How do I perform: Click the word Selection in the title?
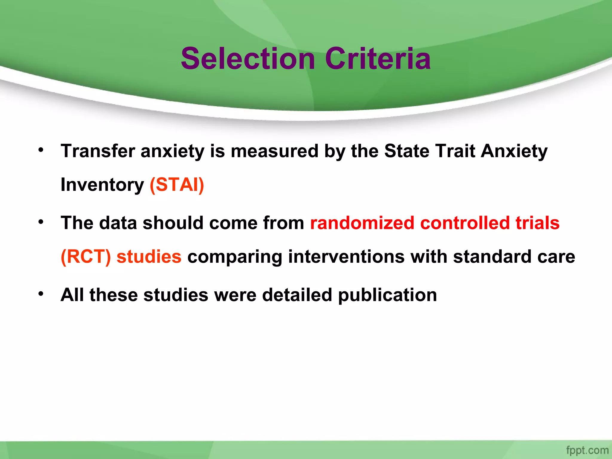[x=248, y=59]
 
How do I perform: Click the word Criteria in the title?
[x=378, y=59]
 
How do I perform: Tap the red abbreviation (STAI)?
[x=177, y=185]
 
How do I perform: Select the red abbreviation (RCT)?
[x=86, y=257]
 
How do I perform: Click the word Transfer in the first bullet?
[x=97, y=151]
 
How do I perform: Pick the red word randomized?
[x=362, y=223]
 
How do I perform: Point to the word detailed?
[x=297, y=295]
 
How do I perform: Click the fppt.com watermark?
[x=587, y=450]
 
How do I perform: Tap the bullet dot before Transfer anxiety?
[x=41, y=149]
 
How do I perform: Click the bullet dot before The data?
[x=41, y=222]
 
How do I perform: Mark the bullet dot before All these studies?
[x=41, y=294]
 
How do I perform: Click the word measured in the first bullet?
[x=274, y=151]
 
